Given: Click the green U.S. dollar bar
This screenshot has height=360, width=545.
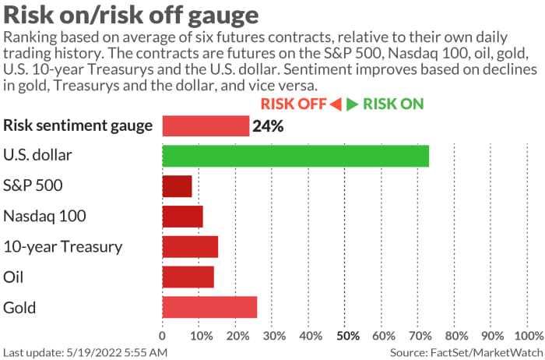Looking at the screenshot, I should [295, 156].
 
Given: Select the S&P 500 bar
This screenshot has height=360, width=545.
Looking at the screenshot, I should [177, 186].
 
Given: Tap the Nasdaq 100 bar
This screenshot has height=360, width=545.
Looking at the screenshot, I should [182, 216].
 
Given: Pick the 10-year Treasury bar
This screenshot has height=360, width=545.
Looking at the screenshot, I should [190, 246].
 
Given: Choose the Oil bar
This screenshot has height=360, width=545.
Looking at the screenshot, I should [188, 277].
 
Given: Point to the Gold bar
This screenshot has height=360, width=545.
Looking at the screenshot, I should [209, 307].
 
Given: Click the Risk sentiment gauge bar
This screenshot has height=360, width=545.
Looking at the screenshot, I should [206, 125].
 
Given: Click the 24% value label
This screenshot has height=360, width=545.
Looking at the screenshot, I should [266, 125].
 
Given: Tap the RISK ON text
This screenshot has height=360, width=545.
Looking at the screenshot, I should [393, 104].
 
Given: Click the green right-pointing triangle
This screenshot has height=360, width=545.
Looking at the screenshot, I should [353, 104].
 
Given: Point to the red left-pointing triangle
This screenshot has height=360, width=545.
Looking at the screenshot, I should [336, 104].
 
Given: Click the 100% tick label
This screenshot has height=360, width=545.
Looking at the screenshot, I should [529, 336].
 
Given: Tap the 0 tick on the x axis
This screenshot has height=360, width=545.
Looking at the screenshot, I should [162, 336].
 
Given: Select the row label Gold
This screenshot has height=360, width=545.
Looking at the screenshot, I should [19, 307].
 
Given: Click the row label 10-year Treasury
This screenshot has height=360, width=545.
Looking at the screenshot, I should [63, 247].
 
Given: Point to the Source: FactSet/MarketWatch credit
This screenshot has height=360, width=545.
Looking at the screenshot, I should [465, 352].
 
